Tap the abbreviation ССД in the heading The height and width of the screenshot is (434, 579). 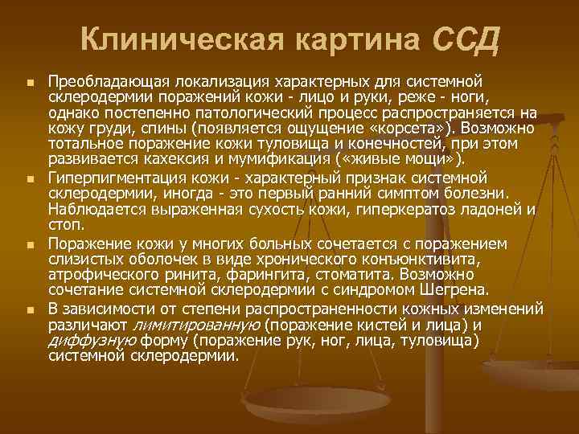tap(466, 38)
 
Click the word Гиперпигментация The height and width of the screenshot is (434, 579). tap(112, 176)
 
